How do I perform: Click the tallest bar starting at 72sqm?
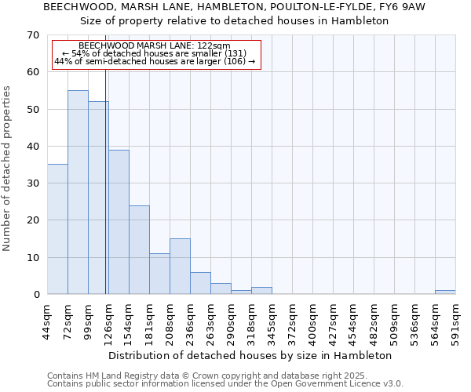click(x=78, y=192)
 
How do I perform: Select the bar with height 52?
click(x=98, y=198)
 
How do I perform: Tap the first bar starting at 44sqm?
click(x=57, y=229)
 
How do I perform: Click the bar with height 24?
click(x=139, y=249)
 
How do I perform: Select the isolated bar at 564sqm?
click(x=445, y=292)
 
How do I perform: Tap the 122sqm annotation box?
click(x=155, y=54)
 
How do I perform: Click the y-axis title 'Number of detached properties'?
click(x=7, y=168)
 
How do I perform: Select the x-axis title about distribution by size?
click(x=250, y=356)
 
